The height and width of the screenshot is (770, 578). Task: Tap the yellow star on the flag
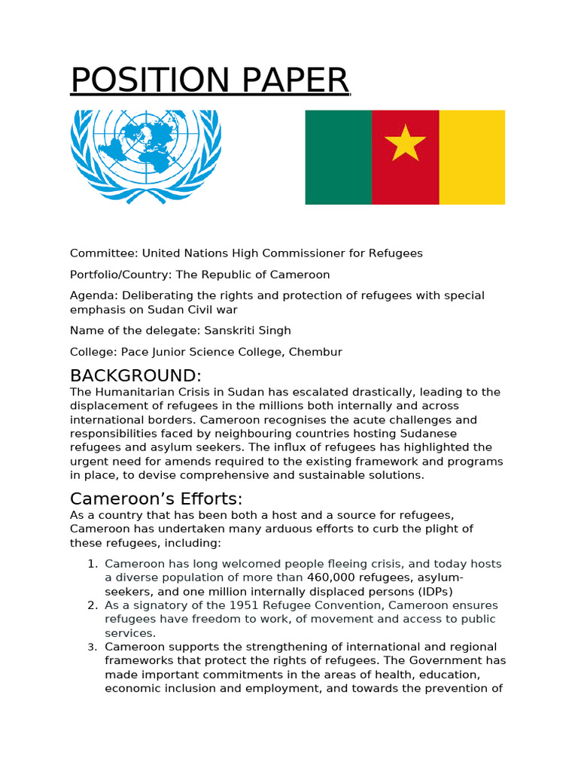tap(405, 142)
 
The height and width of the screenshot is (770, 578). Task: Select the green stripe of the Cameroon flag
tap(338, 157)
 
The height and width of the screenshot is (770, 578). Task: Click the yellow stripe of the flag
tap(472, 157)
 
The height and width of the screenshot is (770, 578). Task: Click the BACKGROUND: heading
tap(135, 375)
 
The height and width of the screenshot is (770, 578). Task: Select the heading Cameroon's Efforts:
tap(157, 499)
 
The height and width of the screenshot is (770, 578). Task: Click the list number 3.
tap(92, 647)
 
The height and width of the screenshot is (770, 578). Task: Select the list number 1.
tap(92, 564)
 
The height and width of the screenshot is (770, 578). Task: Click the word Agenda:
tap(94, 296)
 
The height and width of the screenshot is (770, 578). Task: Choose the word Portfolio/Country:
tap(125, 274)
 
